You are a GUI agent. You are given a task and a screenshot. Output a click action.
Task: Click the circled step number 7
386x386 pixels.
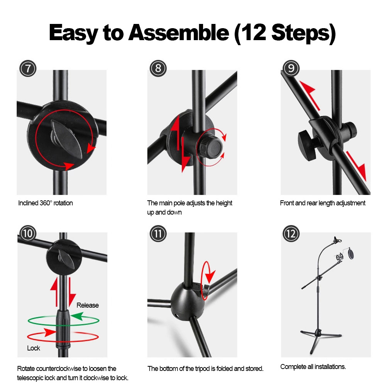click(x=28, y=68)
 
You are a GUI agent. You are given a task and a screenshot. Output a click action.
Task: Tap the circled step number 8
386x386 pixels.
click(x=158, y=68)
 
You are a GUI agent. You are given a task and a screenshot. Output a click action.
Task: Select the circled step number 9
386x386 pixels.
click(x=291, y=68)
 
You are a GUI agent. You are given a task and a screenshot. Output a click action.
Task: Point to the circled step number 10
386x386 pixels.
click(x=28, y=234)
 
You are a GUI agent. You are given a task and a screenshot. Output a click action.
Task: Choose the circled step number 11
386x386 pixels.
click(x=158, y=234)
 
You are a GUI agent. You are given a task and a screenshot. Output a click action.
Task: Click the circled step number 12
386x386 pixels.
click(x=291, y=234)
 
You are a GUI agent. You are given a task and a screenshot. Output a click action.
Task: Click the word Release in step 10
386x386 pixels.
click(x=88, y=305)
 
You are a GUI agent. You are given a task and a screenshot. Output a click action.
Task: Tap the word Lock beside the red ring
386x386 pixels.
click(x=34, y=348)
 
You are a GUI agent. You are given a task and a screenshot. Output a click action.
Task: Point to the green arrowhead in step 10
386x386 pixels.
click(x=77, y=316)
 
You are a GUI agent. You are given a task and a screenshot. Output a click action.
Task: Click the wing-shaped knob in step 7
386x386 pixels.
click(x=66, y=139)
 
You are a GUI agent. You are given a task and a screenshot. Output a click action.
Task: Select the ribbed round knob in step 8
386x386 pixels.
click(x=210, y=147)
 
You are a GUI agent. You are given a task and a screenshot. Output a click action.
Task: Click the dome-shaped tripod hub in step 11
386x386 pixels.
click(x=188, y=302)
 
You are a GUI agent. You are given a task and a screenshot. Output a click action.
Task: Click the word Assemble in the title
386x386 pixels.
click(x=179, y=33)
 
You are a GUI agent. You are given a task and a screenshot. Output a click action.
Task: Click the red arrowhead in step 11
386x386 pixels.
click(x=210, y=277)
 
